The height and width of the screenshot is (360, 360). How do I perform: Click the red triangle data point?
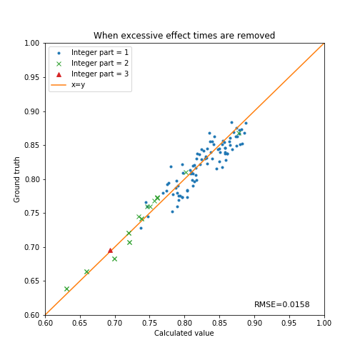coord(110,251)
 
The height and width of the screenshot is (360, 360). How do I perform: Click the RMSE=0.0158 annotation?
coord(282,304)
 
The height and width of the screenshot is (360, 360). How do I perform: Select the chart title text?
coord(184,36)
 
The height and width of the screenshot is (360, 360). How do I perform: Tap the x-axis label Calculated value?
coord(184,333)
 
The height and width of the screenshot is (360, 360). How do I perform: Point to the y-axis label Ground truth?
coord(16,180)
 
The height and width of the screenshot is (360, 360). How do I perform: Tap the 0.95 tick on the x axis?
coord(289,323)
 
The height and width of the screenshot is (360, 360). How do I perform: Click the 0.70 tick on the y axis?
coord(32,247)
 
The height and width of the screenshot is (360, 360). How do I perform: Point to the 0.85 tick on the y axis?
coord(32,145)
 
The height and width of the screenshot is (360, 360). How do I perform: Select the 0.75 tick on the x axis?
coord(150,323)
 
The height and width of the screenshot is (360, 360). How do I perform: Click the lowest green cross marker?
coord(66,289)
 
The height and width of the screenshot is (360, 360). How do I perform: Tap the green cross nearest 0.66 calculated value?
coord(86,272)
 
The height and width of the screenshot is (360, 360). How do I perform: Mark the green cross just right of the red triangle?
coord(114,259)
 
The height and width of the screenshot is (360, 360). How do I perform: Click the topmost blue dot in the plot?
coord(231,122)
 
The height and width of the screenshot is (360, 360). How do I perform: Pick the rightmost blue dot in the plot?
coord(246,123)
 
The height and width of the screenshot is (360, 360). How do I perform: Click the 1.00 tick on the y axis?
coord(32,43)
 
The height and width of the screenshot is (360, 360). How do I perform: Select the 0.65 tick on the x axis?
coord(80,323)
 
